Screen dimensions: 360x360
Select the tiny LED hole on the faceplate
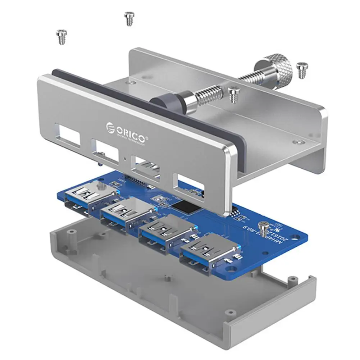(124, 158)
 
